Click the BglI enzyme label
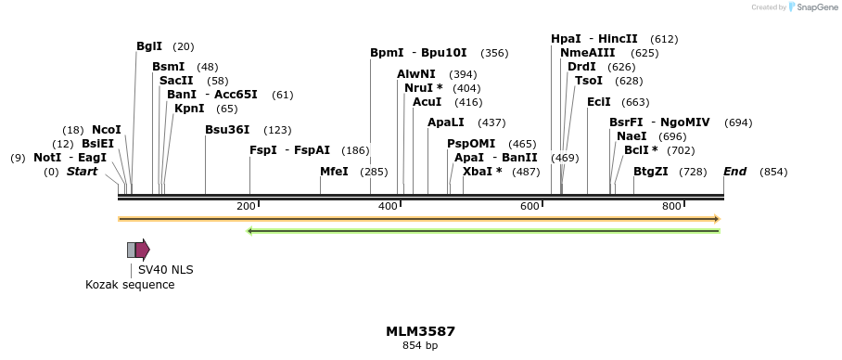pos(149,46)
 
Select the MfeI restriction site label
pos(334,172)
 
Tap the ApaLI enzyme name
pos(446,122)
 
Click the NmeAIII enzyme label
pos(587,53)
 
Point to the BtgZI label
pos(650,172)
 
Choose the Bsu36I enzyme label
pos(227,130)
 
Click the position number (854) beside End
pos(772,172)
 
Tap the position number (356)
pos(494,53)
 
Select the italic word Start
pos(82,172)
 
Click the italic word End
pos(734,172)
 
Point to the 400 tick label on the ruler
pos(389,205)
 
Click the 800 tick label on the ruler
pos(671,205)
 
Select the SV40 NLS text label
pos(166,270)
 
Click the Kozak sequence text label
pos(130,285)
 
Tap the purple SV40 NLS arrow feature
pos(142,249)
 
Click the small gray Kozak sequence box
pos(132,249)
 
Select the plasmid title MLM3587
pos(420,331)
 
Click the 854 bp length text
pos(420,346)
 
